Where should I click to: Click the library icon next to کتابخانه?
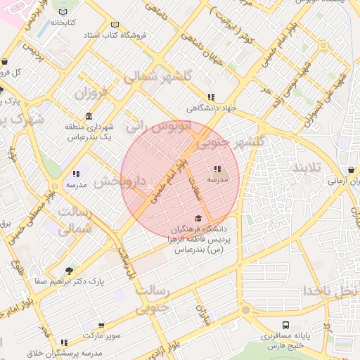[64, 13]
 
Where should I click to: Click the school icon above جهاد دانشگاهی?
[210, 98]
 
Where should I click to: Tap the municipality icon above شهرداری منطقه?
[89, 116]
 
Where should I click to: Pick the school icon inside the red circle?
[217, 169]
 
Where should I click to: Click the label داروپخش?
[120, 181]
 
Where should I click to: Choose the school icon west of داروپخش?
[76, 174]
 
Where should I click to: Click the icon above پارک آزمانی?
[350, 169]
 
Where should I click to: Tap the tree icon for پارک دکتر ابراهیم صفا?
[68, 271]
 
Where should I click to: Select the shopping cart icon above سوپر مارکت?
[101, 326]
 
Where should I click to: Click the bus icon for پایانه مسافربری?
[285, 326]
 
